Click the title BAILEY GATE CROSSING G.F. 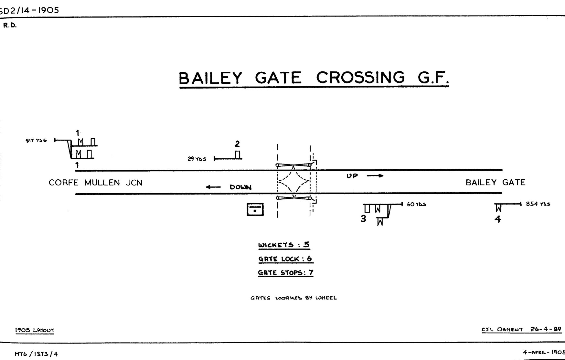[x=314, y=78]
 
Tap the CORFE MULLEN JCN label [x=95, y=183]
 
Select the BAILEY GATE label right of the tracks [x=495, y=183]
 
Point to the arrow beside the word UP [x=375, y=176]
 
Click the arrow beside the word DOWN [x=213, y=187]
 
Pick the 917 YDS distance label [x=36, y=141]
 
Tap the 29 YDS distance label [x=197, y=159]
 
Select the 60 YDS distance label [x=416, y=204]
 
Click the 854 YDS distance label [x=538, y=204]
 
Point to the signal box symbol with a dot [x=255, y=209]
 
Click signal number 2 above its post [x=237, y=144]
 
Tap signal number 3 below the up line [x=363, y=219]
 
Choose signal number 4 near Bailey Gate [x=498, y=219]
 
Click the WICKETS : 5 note [x=284, y=245]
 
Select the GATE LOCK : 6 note [x=285, y=259]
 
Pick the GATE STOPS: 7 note [x=285, y=272]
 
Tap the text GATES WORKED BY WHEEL [x=293, y=298]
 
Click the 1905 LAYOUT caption [x=35, y=330]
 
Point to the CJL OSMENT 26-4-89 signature [x=521, y=330]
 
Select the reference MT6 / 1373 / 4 [x=36, y=354]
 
